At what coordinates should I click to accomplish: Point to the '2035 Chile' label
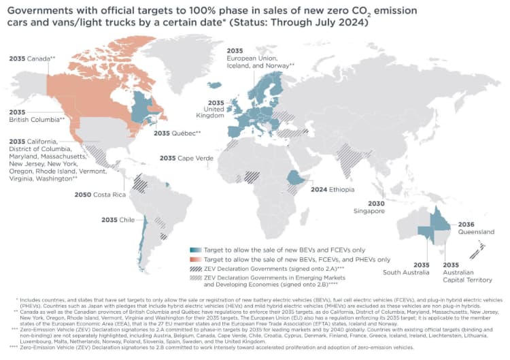(118, 219)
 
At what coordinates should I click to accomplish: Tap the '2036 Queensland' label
(475, 227)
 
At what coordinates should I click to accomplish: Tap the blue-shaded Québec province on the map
(145, 107)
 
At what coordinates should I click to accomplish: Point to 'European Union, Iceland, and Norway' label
(259, 61)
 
